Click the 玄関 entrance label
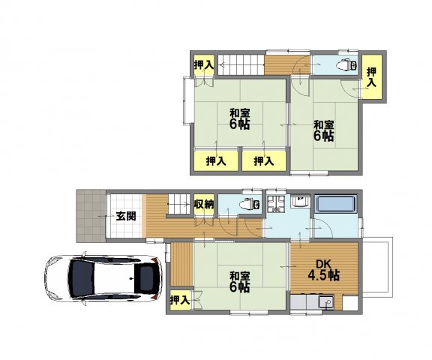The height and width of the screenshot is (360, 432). (x=126, y=216)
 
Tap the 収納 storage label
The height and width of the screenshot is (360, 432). (x=204, y=204)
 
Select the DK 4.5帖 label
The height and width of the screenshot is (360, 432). (x=323, y=270)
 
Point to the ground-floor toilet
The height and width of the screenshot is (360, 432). (x=249, y=204)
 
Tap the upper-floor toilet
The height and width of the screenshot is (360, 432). (x=346, y=65)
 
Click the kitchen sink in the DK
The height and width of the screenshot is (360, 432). (x=326, y=302)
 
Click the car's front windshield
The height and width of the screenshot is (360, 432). (x=82, y=279)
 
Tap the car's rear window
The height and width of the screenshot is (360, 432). (x=145, y=278)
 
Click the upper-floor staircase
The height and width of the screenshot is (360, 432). (x=241, y=65)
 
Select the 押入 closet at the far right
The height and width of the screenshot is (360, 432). (x=372, y=76)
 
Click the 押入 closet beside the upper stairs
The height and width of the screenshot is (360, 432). (x=204, y=65)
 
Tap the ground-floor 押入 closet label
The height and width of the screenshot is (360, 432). (x=180, y=300)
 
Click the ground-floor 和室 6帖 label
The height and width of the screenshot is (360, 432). (x=240, y=281)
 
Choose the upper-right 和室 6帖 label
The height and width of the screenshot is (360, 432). (x=324, y=130)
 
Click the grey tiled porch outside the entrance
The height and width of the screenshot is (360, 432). (x=91, y=216)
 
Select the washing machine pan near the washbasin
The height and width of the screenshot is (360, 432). (x=274, y=204)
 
